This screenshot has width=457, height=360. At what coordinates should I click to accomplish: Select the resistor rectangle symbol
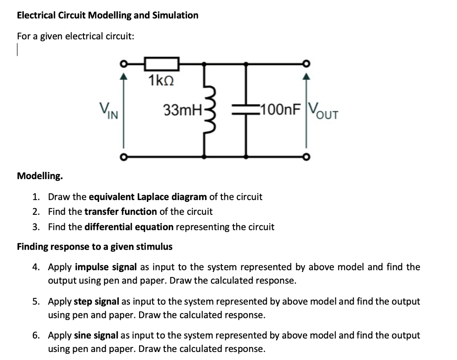pyautogui.click(x=161, y=64)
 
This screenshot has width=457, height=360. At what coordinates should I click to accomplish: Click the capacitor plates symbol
pyautogui.click(x=246, y=110)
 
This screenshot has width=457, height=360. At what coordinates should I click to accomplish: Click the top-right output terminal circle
pyautogui.click(x=306, y=63)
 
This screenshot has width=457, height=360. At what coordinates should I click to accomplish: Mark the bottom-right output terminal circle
pyautogui.click(x=306, y=157)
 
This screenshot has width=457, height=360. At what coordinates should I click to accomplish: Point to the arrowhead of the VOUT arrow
pyautogui.click(x=306, y=78)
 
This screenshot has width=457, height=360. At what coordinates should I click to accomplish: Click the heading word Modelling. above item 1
pyautogui.click(x=40, y=176)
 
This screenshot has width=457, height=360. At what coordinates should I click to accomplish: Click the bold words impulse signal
pyautogui.click(x=105, y=267)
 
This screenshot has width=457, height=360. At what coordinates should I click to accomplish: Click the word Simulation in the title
pyautogui.click(x=175, y=15)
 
